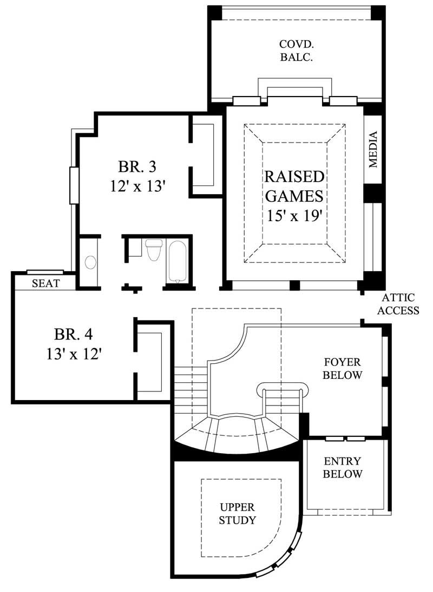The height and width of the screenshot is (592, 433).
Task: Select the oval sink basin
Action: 90,262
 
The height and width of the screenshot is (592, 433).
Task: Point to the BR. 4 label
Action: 76,332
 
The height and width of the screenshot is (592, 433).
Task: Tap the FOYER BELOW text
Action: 343,369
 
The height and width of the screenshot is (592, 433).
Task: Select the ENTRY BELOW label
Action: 343,468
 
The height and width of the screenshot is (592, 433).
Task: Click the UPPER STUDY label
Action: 238,514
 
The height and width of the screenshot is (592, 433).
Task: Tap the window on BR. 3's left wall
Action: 74,185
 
